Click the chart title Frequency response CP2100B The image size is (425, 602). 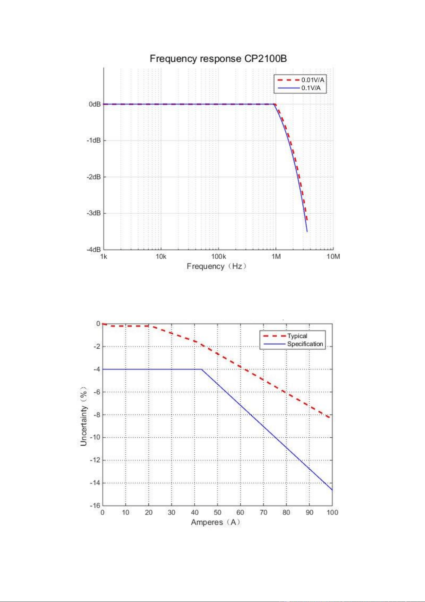[x=218, y=59]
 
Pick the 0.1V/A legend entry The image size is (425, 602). [x=299, y=88]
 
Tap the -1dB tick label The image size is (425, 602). [x=93, y=141]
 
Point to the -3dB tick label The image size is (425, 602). [x=93, y=213]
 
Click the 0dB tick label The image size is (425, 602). [x=95, y=104]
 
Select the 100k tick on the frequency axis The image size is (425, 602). [x=218, y=257]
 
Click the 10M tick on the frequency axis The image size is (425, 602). [x=333, y=257]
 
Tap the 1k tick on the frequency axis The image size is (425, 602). [x=103, y=257]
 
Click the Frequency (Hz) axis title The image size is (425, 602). [x=216, y=266]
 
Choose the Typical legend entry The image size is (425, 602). [x=285, y=336]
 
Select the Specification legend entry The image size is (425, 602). [x=293, y=344]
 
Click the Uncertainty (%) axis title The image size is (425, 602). [x=83, y=416]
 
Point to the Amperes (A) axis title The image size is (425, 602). [x=215, y=522]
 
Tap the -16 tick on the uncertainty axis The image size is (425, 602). [x=95, y=506]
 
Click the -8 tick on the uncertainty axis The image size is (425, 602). [x=97, y=415]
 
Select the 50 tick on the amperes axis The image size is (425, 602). [x=218, y=513]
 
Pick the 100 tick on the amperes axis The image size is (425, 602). [x=332, y=513]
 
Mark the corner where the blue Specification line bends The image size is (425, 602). [x=202, y=369]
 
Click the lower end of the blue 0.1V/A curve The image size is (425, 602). [x=307, y=232]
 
